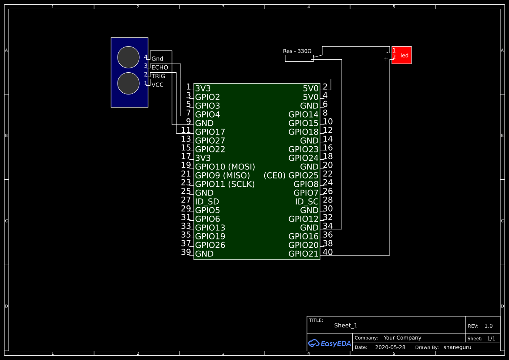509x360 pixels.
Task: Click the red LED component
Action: coord(401,55)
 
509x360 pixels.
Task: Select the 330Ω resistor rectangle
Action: coord(299,59)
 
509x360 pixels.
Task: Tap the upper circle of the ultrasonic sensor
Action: coord(128,57)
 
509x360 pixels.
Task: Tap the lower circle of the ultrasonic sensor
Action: coord(128,84)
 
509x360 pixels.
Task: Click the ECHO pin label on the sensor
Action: coord(160,67)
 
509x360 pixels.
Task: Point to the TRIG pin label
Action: coord(158,76)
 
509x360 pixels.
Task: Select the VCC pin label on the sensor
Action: coord(158,85)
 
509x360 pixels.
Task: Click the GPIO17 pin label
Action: coord(210,132)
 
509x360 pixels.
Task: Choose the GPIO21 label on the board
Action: coord(303,254)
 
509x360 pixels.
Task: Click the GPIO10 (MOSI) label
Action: coord(225,167)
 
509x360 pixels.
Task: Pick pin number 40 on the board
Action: coord(328,252)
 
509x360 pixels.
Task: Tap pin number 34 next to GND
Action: coord(328,226)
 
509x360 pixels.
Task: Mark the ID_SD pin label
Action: coord(207,202)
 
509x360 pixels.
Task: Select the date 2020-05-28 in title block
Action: coord(390,347)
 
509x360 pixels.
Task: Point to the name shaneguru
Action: coord(457,347)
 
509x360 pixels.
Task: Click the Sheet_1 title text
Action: coord(346,326)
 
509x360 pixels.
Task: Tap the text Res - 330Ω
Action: coord(297,51)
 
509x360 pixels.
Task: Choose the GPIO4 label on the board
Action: coord(208,114)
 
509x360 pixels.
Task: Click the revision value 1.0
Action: coord(489,326)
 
